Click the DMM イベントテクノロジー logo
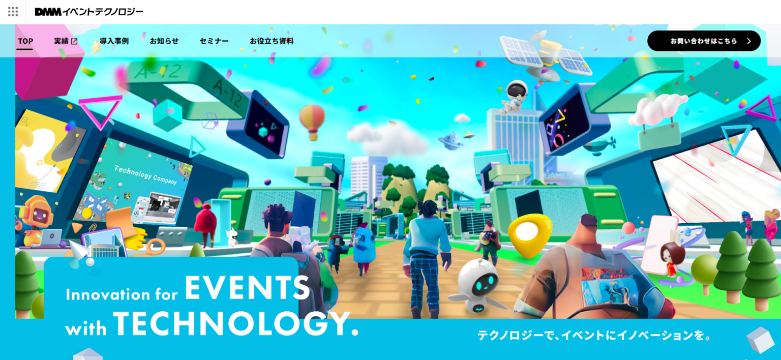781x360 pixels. coord(89,12)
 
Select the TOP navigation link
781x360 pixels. coord(25,41)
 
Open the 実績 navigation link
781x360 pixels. coord(66,41)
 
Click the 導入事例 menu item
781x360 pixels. coord(114,41)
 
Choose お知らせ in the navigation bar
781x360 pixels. coord(164,41)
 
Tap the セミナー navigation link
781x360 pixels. coord(214,41)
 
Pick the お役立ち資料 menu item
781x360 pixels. coord(272,41)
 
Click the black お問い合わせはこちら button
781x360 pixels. coord(704,41)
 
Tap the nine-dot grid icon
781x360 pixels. coord(13,12)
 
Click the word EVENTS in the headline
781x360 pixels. coord(247,288)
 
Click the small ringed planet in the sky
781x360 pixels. coord(451,141)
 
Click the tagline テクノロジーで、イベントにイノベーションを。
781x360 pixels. coord(594,336)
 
